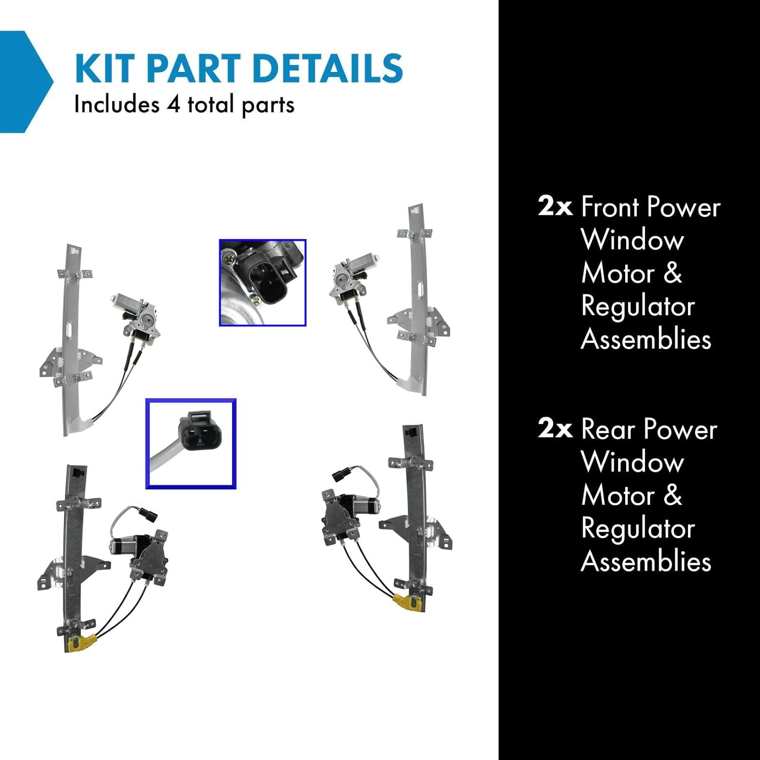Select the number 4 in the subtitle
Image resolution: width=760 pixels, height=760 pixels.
point(173,105)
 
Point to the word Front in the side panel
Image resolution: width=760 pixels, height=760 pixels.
point(610,207)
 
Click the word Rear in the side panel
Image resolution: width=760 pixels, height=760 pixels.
point(608,430)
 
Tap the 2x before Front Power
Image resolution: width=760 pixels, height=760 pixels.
point(555,207)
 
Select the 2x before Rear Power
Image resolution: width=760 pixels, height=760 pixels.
point(555,429)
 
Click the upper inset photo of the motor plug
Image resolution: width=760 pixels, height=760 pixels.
point(262,283)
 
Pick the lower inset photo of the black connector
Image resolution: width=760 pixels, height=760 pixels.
point(191,444)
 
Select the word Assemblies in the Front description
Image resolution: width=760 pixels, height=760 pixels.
point(646,339)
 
